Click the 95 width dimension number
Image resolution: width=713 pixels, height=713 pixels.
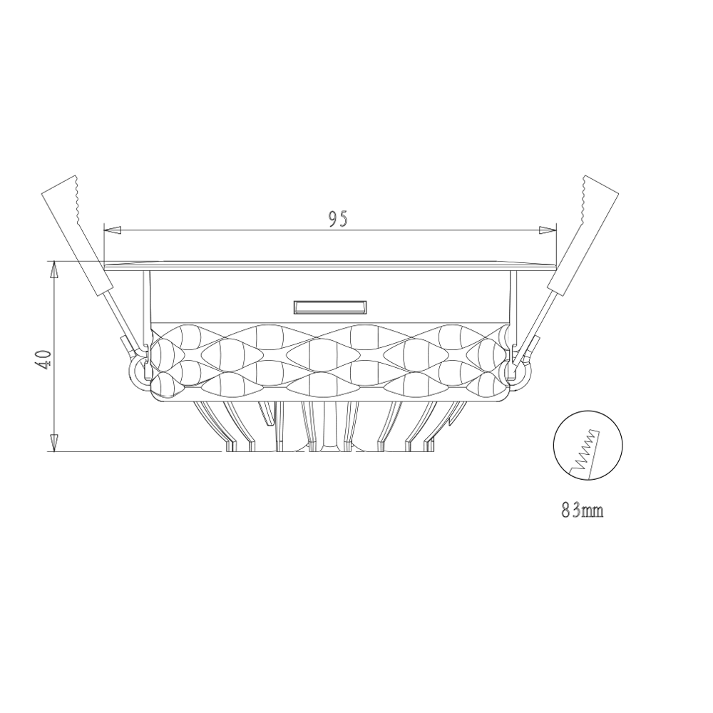pyautogui.click(x=338, y=219)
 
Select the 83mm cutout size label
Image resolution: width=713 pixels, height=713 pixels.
pyautogui.click(x=583, y=511)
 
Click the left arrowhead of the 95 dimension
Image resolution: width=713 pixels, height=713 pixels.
pyautogui.click(x=113, y=230)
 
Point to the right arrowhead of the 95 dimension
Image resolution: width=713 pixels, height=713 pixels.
pyautogui.click(x=547, y=230)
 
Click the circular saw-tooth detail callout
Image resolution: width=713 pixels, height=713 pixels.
pyautogui.click(x=588, y=445)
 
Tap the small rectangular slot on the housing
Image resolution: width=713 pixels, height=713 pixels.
pyautogui.click(x=330, y=307)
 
